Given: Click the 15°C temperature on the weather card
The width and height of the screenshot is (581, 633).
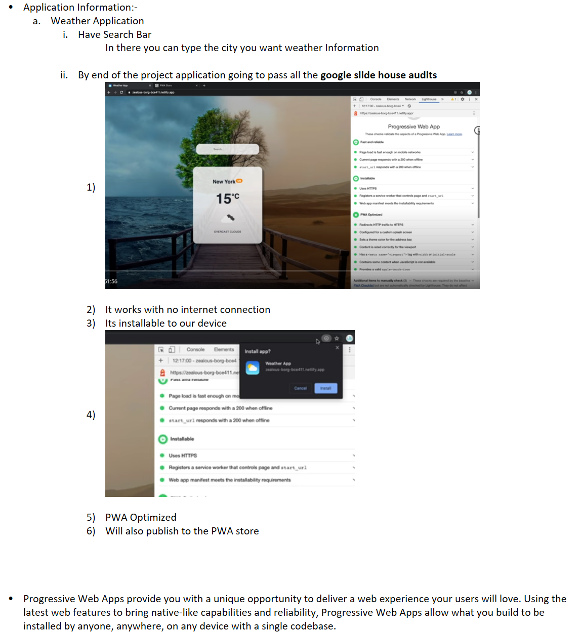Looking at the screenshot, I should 227,199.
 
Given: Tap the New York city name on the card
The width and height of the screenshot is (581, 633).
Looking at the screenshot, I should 224,182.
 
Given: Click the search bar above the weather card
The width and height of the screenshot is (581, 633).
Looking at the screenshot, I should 227,149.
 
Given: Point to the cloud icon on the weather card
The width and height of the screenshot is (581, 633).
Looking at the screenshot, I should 230,217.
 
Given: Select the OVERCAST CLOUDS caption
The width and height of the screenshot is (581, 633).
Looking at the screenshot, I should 227,232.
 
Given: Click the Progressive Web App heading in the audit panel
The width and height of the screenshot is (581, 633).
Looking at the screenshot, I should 413,126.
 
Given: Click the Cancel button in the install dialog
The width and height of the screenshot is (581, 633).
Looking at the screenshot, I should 301,388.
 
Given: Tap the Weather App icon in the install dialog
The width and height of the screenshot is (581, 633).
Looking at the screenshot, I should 253,368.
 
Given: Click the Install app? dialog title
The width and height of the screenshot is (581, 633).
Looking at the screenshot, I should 258,351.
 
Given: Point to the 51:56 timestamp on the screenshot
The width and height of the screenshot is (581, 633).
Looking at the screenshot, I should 111,282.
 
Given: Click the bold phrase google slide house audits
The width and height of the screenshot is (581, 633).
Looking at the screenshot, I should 378,75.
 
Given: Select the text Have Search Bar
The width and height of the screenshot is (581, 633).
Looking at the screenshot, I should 114,34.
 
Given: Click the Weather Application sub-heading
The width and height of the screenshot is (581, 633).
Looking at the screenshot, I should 97,21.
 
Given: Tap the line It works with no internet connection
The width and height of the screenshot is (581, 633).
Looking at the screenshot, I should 187,309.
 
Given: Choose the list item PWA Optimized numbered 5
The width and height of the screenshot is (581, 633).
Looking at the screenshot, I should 141,517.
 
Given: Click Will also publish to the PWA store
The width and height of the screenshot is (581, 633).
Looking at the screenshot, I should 182,531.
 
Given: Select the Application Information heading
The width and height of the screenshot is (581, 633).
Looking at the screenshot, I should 80,7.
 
